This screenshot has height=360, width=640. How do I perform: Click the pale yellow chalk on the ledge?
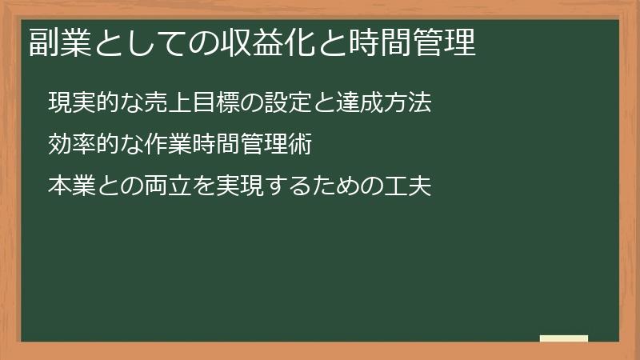[564, 338]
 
